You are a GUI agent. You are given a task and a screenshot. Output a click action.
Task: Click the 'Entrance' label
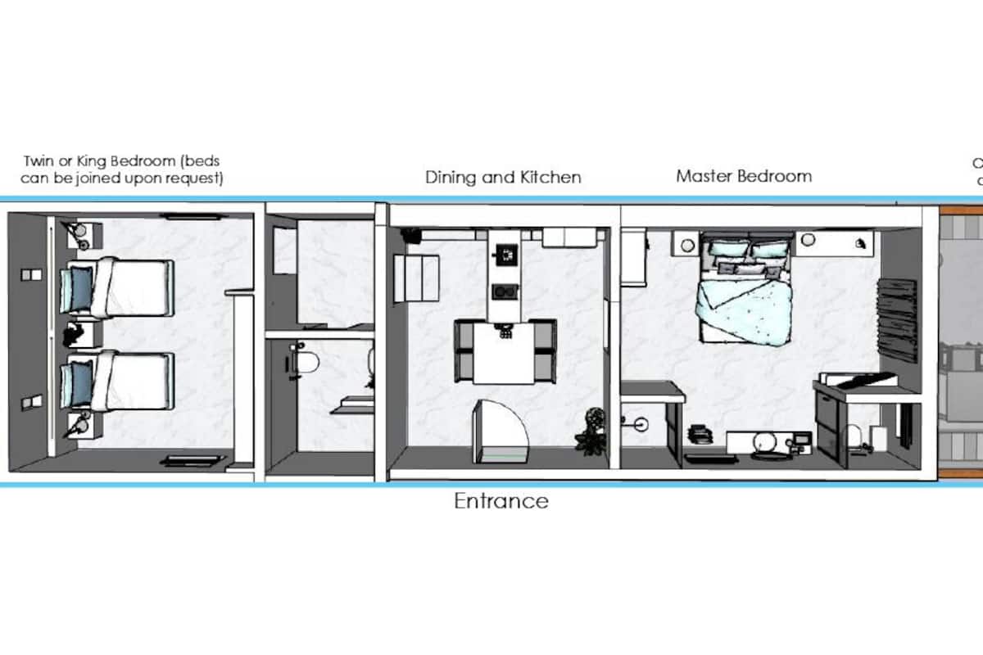point(501,500)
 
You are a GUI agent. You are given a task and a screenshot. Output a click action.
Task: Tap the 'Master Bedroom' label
point(744,176)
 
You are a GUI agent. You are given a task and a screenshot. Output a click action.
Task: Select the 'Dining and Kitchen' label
point(503,177)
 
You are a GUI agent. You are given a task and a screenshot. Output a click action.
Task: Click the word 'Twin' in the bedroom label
point(39,160)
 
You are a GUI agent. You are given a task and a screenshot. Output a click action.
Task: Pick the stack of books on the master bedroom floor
point(698,434)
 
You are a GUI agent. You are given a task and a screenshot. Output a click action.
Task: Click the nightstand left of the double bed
point(684,242)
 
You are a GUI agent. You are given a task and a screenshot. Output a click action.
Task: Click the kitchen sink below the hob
point(502,291)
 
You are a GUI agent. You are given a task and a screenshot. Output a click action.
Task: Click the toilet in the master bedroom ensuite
point(855,435)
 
